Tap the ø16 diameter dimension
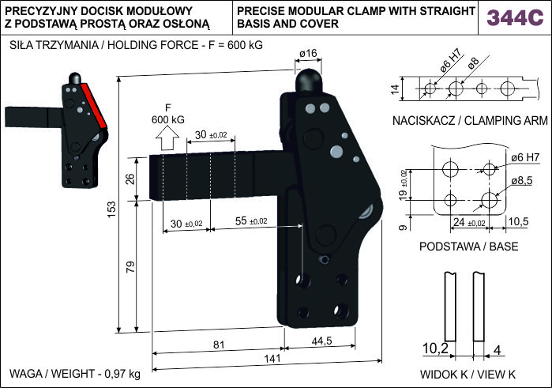[x=308, y=53]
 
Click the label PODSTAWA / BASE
[x=469, y=247]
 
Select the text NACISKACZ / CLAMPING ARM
[x=469, y=121]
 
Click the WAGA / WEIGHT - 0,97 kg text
[x=76, y=373]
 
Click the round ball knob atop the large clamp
[x=308, y=80]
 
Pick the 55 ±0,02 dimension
[x=250, y=222]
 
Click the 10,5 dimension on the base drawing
[x=518, y=220]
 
